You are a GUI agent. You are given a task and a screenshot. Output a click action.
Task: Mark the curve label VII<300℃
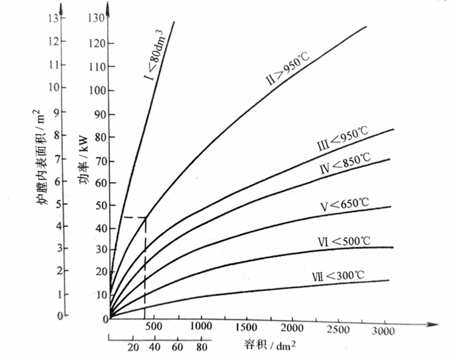tap(338, 276)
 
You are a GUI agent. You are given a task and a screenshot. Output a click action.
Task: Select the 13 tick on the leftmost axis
tap(54, 18)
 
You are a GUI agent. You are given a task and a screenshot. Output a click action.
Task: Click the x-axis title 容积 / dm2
tap(269, 344)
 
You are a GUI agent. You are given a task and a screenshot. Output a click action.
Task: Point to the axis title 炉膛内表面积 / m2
tap(42, 157)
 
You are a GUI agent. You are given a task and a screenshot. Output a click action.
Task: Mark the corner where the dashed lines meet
tap(145, 218)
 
